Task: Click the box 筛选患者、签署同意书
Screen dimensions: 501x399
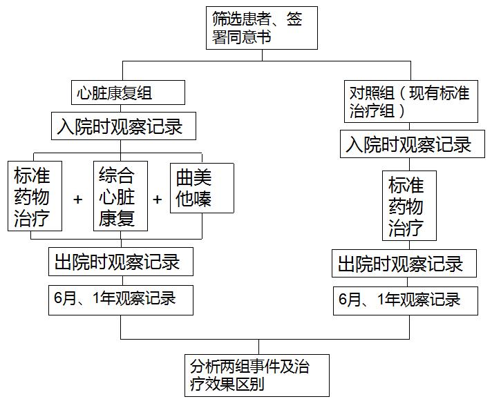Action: [262, 28]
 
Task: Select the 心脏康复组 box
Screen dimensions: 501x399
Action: [128, 93]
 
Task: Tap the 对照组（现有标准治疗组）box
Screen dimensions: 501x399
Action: [411, 101]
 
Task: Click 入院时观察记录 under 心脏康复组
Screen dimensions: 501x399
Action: [124, 126]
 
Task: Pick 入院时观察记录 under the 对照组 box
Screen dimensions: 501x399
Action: [412, 144]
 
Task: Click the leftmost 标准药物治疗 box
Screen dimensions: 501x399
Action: [35, 196]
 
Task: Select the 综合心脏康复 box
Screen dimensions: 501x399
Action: [120, 196]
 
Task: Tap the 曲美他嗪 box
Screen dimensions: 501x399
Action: [202, 188]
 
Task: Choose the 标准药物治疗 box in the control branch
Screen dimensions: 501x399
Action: [409, 206]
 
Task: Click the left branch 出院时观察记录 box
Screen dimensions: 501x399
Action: [121, 262]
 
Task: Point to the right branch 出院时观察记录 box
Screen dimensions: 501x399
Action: [404, 263]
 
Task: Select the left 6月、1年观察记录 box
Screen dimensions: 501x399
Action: [121, 300]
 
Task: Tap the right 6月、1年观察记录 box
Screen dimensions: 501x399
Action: [406, 301]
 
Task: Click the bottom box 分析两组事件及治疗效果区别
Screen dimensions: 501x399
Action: [257, 376]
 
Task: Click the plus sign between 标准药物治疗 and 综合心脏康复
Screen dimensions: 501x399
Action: [77, 199]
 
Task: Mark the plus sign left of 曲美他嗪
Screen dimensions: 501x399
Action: [157, 199]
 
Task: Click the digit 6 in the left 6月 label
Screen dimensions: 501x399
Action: [58, 298]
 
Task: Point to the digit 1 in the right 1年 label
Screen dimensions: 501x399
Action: [381, 300]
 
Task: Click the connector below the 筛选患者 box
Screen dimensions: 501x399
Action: [263, 55]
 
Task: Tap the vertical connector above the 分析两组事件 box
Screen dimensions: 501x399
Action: [259, 347]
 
